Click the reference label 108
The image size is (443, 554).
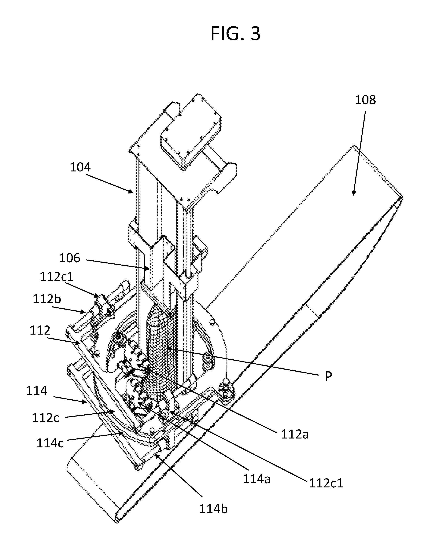click(x=365, y=100)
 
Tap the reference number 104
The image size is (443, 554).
click(x=80, y=167)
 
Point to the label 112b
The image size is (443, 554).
click(x=47, y=299)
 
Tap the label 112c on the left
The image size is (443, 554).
click(x=46, y=418)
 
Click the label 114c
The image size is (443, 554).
click(x=50, y=443)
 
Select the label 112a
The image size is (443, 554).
click(x=295, y=435)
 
